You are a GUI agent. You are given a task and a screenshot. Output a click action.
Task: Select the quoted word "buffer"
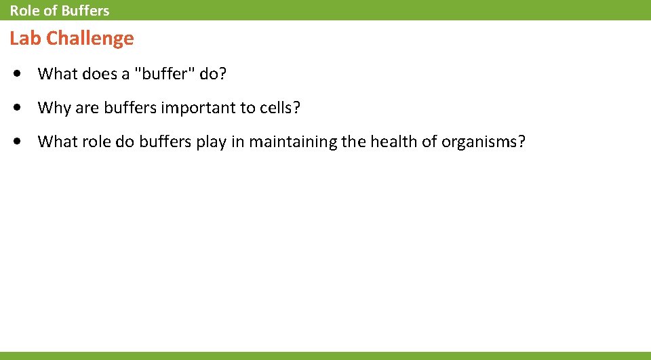coord(165,73)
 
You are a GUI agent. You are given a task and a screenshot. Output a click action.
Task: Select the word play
coord(210,142)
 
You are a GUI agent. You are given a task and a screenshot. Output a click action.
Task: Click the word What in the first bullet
coord(58,73)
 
